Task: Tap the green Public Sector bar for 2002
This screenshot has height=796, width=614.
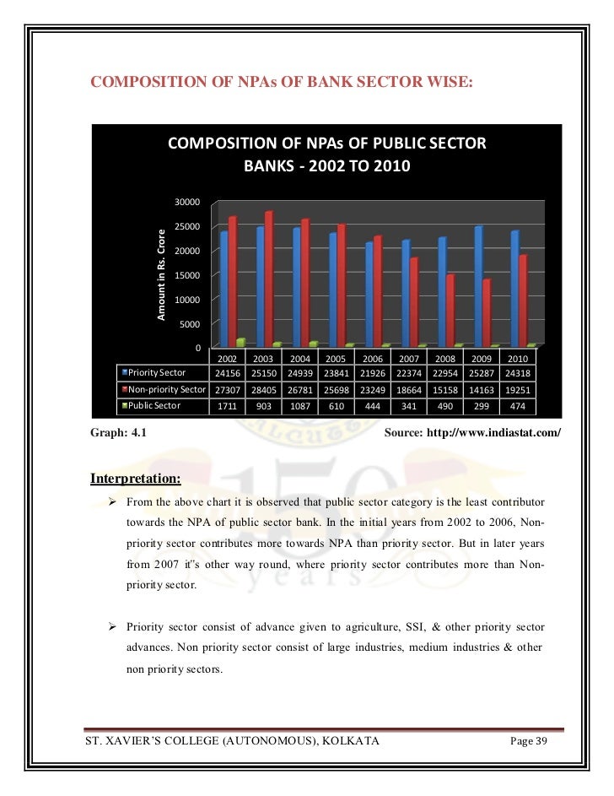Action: tap(241, 342)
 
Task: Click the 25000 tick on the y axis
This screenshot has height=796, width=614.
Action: tap(186, 226)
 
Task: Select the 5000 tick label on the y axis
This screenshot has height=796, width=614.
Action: tap(189, 324)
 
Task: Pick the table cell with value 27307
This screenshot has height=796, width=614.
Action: tap(227, 389)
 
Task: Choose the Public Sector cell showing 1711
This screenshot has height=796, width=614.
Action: tap(227, 405)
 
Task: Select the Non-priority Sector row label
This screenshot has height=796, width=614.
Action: tap(166, 389)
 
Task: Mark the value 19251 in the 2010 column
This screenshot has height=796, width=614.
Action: tap(514, 389)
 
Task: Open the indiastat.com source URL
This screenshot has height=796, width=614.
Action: tap(497, 433)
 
